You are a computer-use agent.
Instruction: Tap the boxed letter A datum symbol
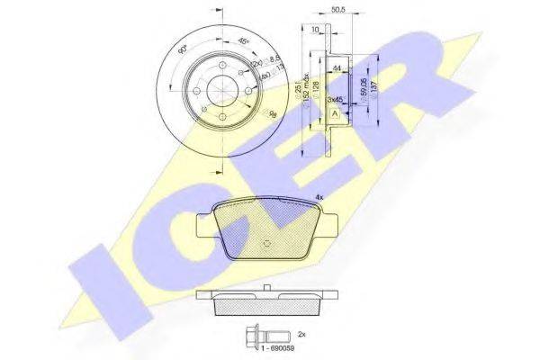coord(336,114)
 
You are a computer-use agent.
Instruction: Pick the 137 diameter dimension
coord(373,85)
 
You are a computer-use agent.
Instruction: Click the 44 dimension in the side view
coord(336,67)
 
